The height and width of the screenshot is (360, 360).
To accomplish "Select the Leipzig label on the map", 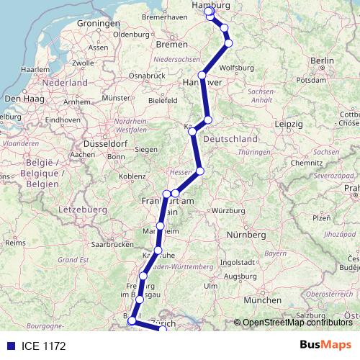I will (288, 124).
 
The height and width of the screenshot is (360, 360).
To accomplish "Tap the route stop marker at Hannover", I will (202, 75).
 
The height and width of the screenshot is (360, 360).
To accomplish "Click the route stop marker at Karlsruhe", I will (158, 251).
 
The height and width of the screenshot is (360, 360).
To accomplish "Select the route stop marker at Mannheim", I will (160, 227).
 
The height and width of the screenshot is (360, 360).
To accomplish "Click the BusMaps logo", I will (325, 346).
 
